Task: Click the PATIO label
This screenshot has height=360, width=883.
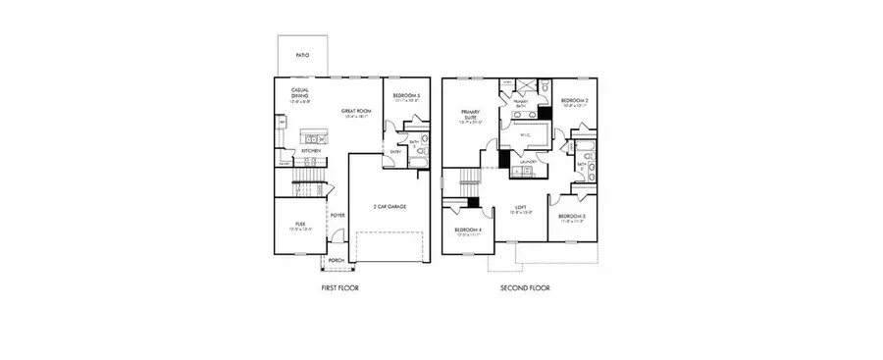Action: pyautogui.click(x=303, y=56)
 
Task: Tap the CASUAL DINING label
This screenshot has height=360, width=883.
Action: pyautogui.click(x=301, y=93)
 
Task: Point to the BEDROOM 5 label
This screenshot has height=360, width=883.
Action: pyautogui.click(x=406, y=96)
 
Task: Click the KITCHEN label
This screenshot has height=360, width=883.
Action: pyautogui.click(x=312, y=151)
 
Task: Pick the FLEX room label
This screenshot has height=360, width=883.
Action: pyautogui.click(x=300, y=225)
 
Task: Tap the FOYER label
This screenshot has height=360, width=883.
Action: pyautogui.click(x=338, y=214)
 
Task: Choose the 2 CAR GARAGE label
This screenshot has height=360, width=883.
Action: pyautogui.click(x=390, y=206)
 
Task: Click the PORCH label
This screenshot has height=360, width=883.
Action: pyautogui.click(x=336, y=260)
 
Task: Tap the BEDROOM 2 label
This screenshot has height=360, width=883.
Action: pyautogui.click(x=574, y=101)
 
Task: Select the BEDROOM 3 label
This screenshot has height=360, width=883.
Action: pyautogui.click(x=572, y=217)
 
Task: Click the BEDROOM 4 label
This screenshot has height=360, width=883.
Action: pyautogui.click(x=467, y=231)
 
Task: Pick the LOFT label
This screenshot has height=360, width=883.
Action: pyautogui.click(x=521, y=208)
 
